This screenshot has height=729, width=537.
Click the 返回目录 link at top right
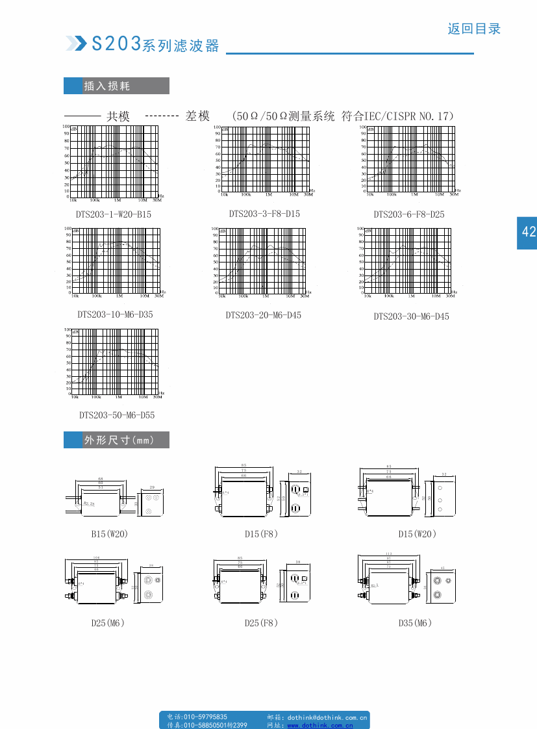[x=474, y=29]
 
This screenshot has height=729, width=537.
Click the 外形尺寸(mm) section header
[x=116, y=440]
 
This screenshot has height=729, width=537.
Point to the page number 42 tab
[x=527, y=232]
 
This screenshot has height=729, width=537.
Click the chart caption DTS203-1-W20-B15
[x=114, y=214]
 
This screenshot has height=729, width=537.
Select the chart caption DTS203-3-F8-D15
[x=264, y=213]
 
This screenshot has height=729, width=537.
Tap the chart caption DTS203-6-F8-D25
[x=409, y=214]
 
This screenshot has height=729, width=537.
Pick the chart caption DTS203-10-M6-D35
[x=116, y=314]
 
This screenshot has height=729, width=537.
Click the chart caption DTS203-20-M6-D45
[x=264, y=315]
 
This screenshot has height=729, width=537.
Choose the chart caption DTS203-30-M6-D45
[x=411, y=316]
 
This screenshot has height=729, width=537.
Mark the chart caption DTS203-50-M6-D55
[x=117, y=415]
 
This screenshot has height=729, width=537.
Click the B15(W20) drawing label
[x=109, y=534]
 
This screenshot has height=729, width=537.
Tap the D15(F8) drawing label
[x=261, y=534]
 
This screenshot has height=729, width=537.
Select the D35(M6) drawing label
[x=415, y=623]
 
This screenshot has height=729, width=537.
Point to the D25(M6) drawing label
[x=108, y=623]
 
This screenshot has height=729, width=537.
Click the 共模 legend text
[x=118, y=116]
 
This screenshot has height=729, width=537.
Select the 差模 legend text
[x=197, y=116]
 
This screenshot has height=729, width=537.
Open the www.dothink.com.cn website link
[x=320, y=725]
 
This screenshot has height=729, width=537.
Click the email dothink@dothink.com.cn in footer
[x=327, y=717]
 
